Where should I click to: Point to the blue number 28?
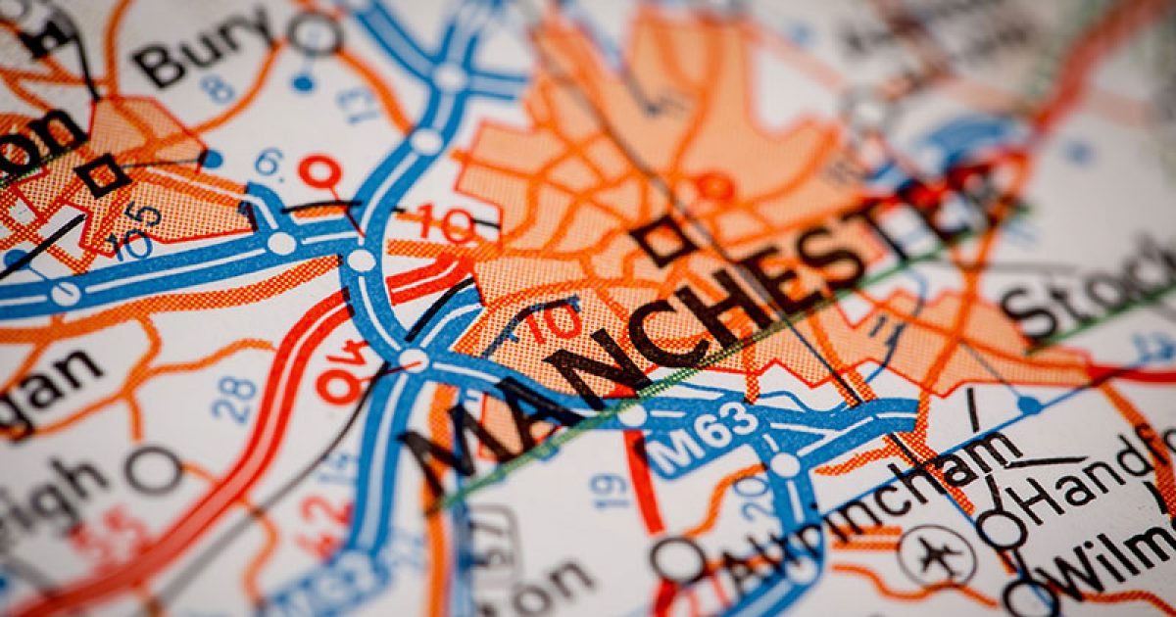click(235, 397)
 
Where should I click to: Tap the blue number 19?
click(610, 490)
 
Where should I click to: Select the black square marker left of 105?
click(102, 175)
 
